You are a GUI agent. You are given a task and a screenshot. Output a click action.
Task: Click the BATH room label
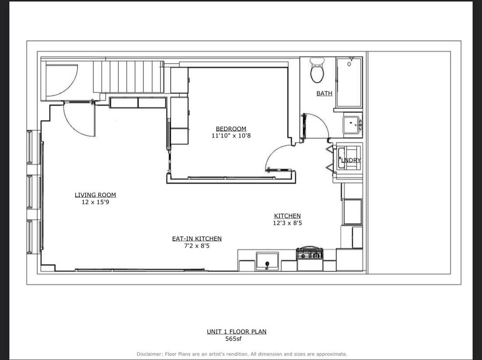coord(324,93)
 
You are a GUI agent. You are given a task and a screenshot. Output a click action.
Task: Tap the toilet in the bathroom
coord(317,70)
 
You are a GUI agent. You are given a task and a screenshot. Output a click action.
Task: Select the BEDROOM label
coord(231,129)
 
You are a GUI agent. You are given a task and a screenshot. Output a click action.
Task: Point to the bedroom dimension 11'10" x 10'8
coord(231,136)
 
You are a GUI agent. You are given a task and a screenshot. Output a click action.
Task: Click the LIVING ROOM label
coord(95,195)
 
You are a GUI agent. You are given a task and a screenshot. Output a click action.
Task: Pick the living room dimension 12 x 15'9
coord(95,202)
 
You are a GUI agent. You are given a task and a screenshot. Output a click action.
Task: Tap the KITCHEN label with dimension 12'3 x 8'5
coord(288,216)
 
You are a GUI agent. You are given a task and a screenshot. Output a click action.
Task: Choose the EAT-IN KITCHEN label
coord(197,238)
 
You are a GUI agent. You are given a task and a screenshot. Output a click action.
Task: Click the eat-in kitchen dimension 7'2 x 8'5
coord(197,246)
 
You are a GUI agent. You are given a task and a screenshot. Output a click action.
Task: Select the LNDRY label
coord(351,160)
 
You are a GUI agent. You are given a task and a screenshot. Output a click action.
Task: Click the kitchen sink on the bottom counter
coord(267,261)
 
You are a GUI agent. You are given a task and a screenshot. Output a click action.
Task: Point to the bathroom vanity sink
coord(352,125)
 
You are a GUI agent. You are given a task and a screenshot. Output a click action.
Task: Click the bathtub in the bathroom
coord(349,82)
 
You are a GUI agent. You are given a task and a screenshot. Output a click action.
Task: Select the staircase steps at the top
coord(129,77)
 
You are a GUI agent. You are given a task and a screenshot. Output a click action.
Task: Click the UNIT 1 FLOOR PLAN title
coord(237,331)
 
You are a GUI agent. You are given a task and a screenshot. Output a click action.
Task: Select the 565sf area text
coord(233,339)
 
